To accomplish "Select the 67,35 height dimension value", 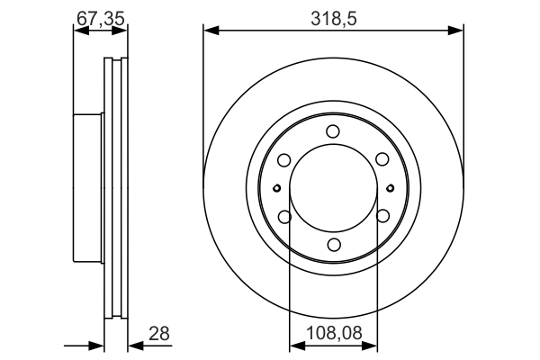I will tap(98, 15).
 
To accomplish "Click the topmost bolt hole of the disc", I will tap(333, 131).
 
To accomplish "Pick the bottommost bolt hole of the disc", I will tap(333, 245).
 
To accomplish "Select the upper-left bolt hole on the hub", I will tap(284, 160).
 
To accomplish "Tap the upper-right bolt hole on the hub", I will tap(382, 160).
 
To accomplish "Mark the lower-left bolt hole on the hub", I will tap(284, 216).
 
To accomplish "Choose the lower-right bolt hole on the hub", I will tap(382, 216).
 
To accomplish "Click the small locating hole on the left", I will tap(276, 188).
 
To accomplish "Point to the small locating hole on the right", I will tap(390, 188).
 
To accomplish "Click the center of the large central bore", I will tap(333, 188).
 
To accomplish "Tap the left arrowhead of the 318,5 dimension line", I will tap(210, 31).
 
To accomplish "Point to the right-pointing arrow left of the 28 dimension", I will tap(97, 346).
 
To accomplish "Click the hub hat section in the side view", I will tap(88, 187).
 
